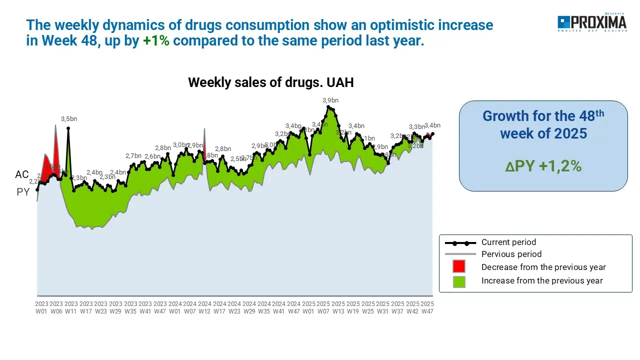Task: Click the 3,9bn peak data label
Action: point(330,100)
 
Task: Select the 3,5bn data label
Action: point(69,119)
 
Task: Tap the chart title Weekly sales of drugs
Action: point(270,82)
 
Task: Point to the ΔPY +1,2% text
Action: point(543,166)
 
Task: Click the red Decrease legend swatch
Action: point(458,266)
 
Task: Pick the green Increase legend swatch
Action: point(458,281)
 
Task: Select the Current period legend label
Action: point(508,242)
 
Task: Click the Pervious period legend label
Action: point(511,254)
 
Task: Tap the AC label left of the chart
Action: point(22,175)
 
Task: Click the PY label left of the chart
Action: point(23,192)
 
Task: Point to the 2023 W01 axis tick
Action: point(41,307)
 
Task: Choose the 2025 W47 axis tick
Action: point(427,307)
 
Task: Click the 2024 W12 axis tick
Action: point(204,307)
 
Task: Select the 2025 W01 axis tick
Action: point(308,307)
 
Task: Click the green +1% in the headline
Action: point(156,41)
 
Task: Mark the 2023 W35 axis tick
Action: point(130,307)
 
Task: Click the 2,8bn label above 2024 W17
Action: point(223,149)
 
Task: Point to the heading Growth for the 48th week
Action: point(543,124)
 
